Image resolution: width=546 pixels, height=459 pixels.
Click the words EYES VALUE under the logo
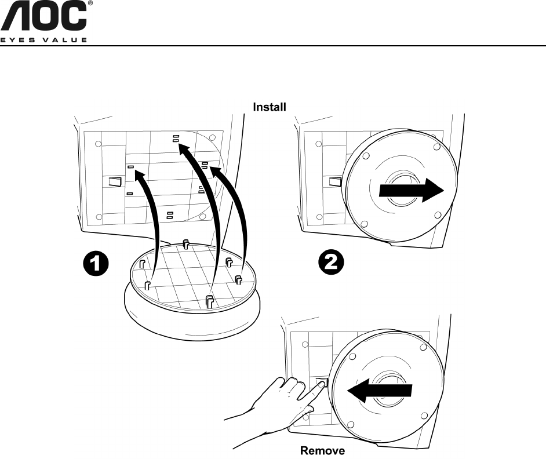44,40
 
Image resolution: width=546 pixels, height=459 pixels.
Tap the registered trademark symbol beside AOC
90,4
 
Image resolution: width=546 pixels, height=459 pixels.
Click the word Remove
322,450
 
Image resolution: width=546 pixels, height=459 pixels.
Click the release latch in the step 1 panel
115,181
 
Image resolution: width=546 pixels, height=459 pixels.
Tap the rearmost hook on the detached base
185,243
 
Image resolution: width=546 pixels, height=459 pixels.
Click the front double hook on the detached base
210,301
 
